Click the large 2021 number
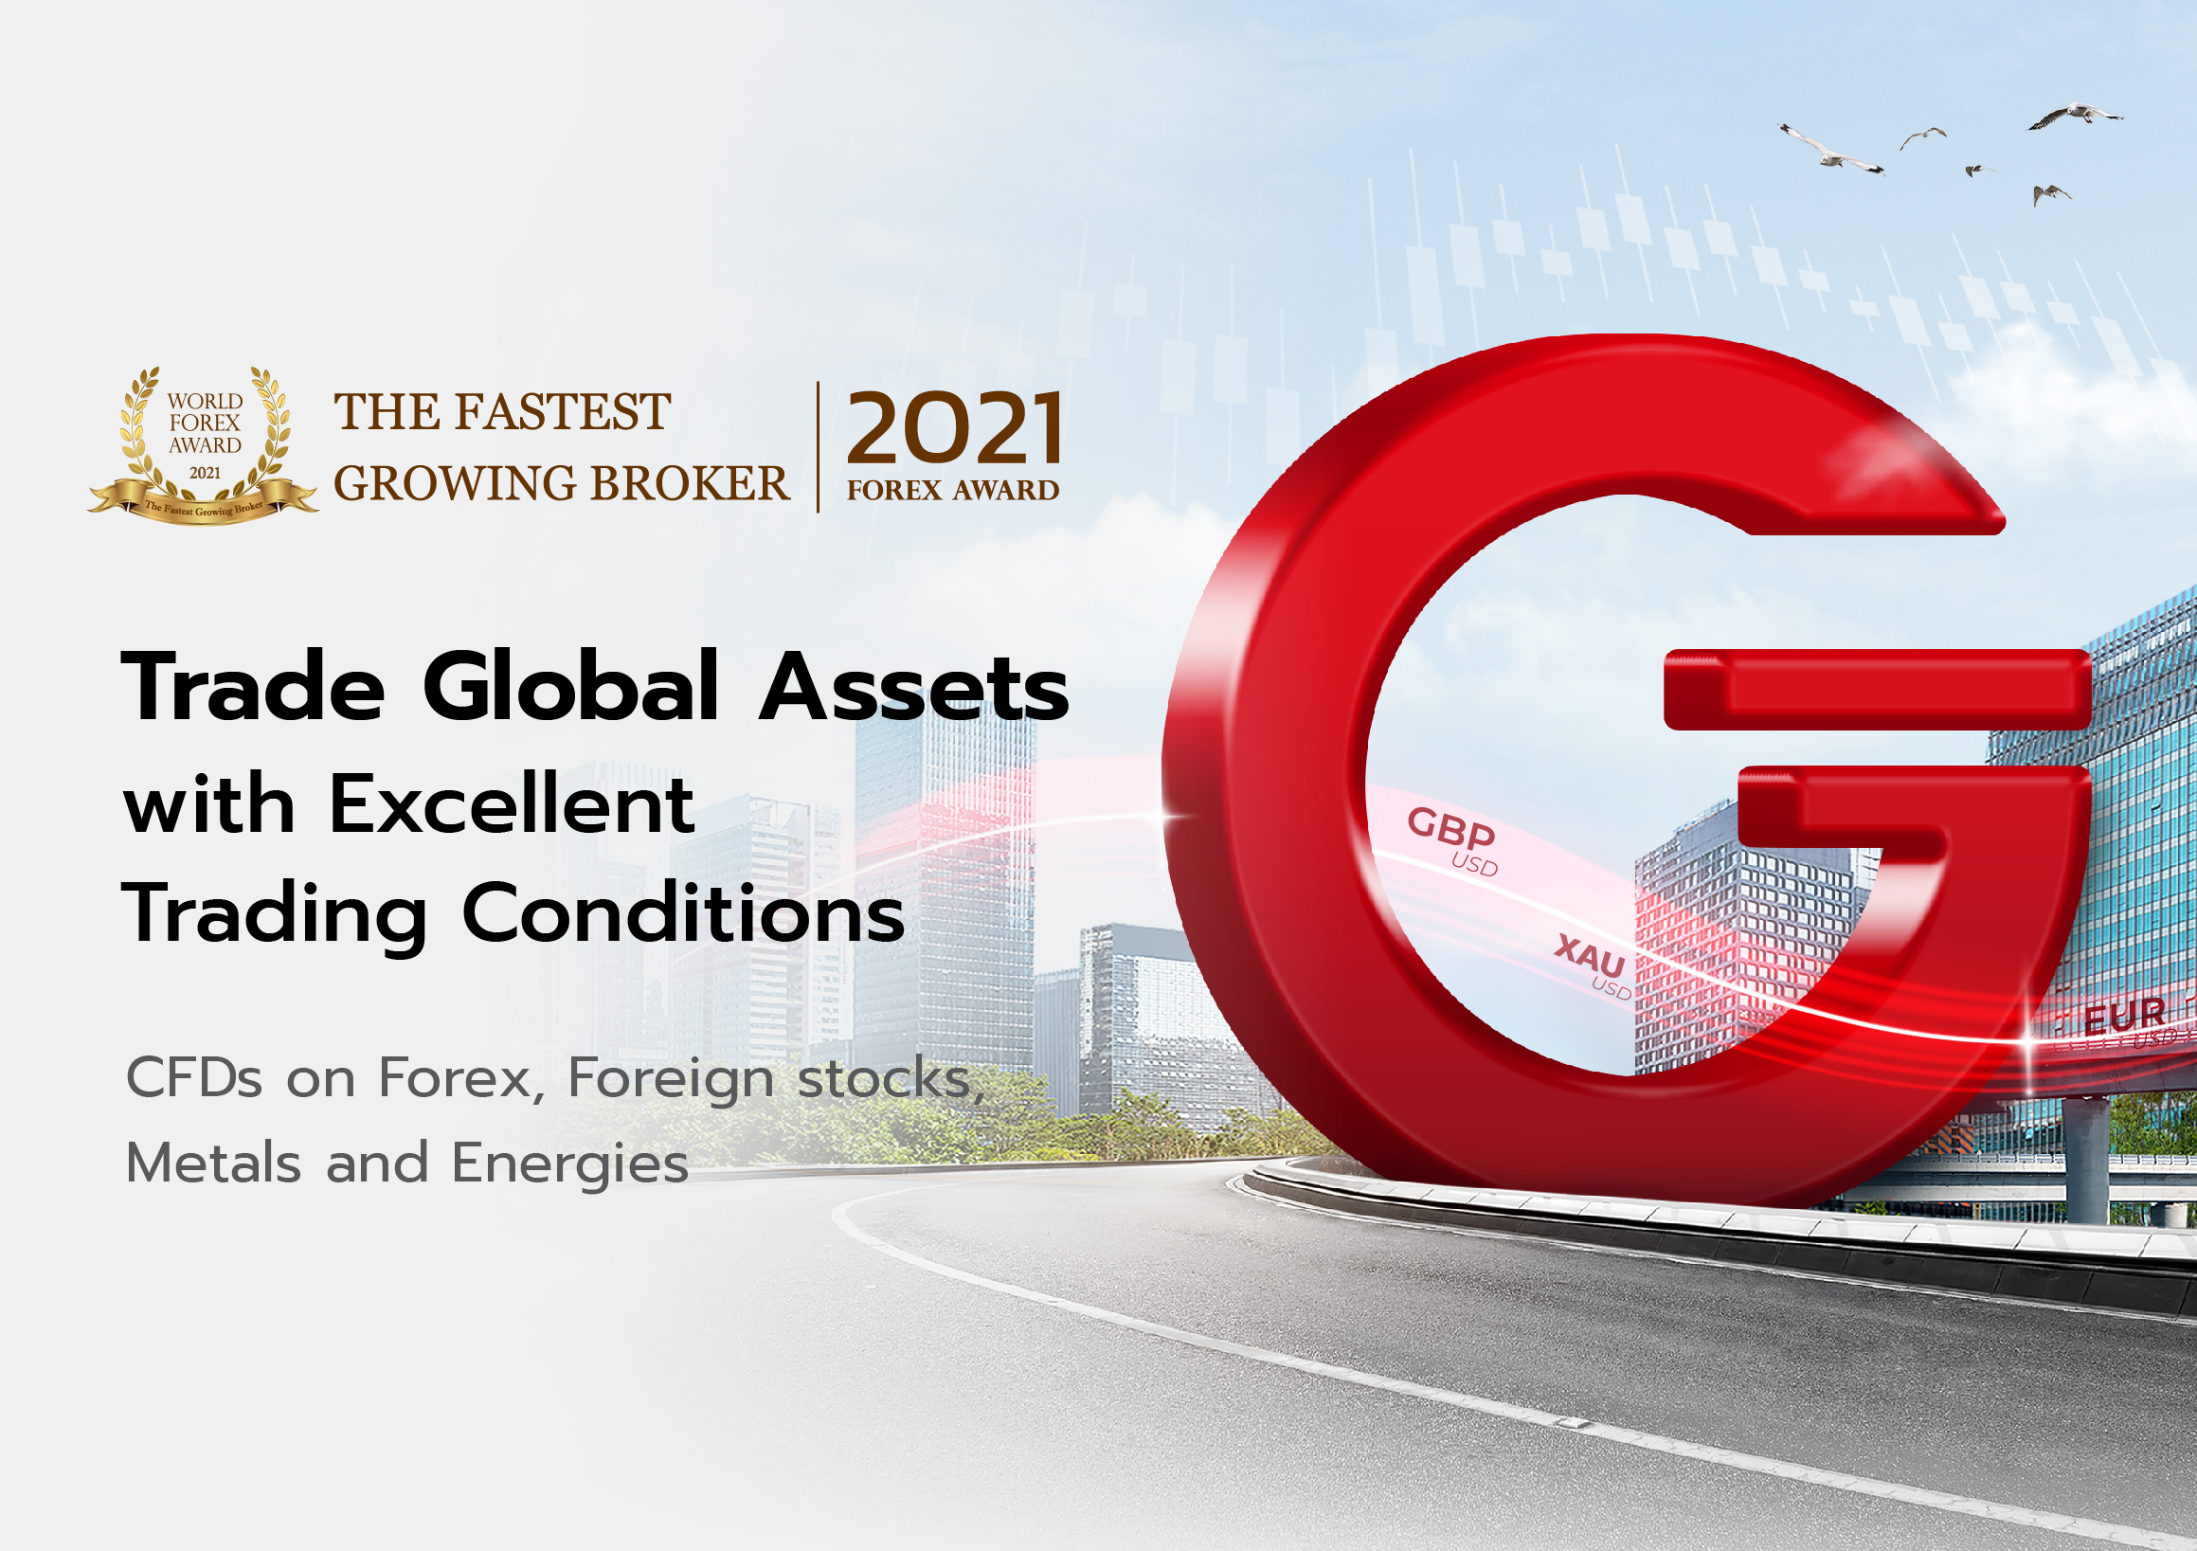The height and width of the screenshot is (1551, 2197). click(x=954, y=427)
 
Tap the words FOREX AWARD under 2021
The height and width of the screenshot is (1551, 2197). click(x=952, y=490)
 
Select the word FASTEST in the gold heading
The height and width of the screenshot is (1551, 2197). click(x=562, y=411)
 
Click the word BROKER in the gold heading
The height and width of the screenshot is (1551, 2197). click(x=689, y=483)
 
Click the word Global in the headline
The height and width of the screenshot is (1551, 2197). click(x=570, y=686)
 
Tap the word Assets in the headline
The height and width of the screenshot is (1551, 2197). click(x=914, y=688)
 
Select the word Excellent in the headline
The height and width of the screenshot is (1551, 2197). click(x=511, y=803)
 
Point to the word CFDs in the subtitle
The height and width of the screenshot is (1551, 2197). click(x=194, y=1078)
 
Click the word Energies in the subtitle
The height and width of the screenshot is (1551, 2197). click(x=569, y=1163)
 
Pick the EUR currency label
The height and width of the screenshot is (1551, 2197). click(x=2124, y=1016)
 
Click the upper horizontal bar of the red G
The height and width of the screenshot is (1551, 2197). click(x=1876, y=689)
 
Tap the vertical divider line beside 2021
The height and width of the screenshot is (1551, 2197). click(x=819, y=447)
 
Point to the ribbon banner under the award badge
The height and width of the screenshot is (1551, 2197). click(x=203, y=503)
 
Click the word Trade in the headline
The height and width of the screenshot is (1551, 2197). click(x=254, y=686)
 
